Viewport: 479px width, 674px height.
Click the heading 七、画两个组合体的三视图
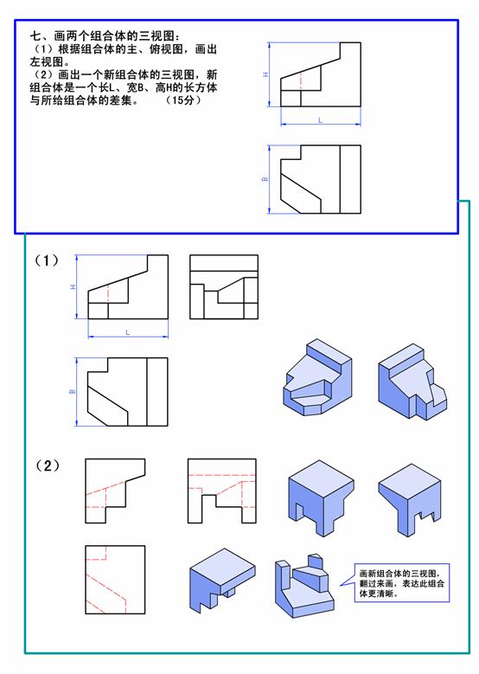(105, 35)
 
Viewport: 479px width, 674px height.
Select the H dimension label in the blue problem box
(266, 74)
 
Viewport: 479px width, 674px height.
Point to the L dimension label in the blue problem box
(321, 120)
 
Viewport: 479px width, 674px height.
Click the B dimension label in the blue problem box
(265, 179)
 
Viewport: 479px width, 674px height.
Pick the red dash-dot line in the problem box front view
(301, 80)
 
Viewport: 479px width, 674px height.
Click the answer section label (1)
(47, 260)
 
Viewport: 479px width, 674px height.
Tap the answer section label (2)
(47, 465)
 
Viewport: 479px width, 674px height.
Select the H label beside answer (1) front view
(73, 286)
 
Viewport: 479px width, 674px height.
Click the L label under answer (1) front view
(128, 332)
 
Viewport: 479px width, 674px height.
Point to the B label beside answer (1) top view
(72, 392)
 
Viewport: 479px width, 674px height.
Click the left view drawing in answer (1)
(224, 286)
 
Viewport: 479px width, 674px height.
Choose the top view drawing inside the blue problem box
(321, 179)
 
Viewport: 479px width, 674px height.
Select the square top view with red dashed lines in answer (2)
(115, 580)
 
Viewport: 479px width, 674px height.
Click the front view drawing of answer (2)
(115, 491)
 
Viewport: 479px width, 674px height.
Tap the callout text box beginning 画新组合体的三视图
(402, 583)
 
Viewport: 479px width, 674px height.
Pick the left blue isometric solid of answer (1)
(317, 377)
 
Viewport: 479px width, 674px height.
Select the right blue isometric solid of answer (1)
(412, 382)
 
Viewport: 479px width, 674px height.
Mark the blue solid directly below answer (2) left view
(222, 581)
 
